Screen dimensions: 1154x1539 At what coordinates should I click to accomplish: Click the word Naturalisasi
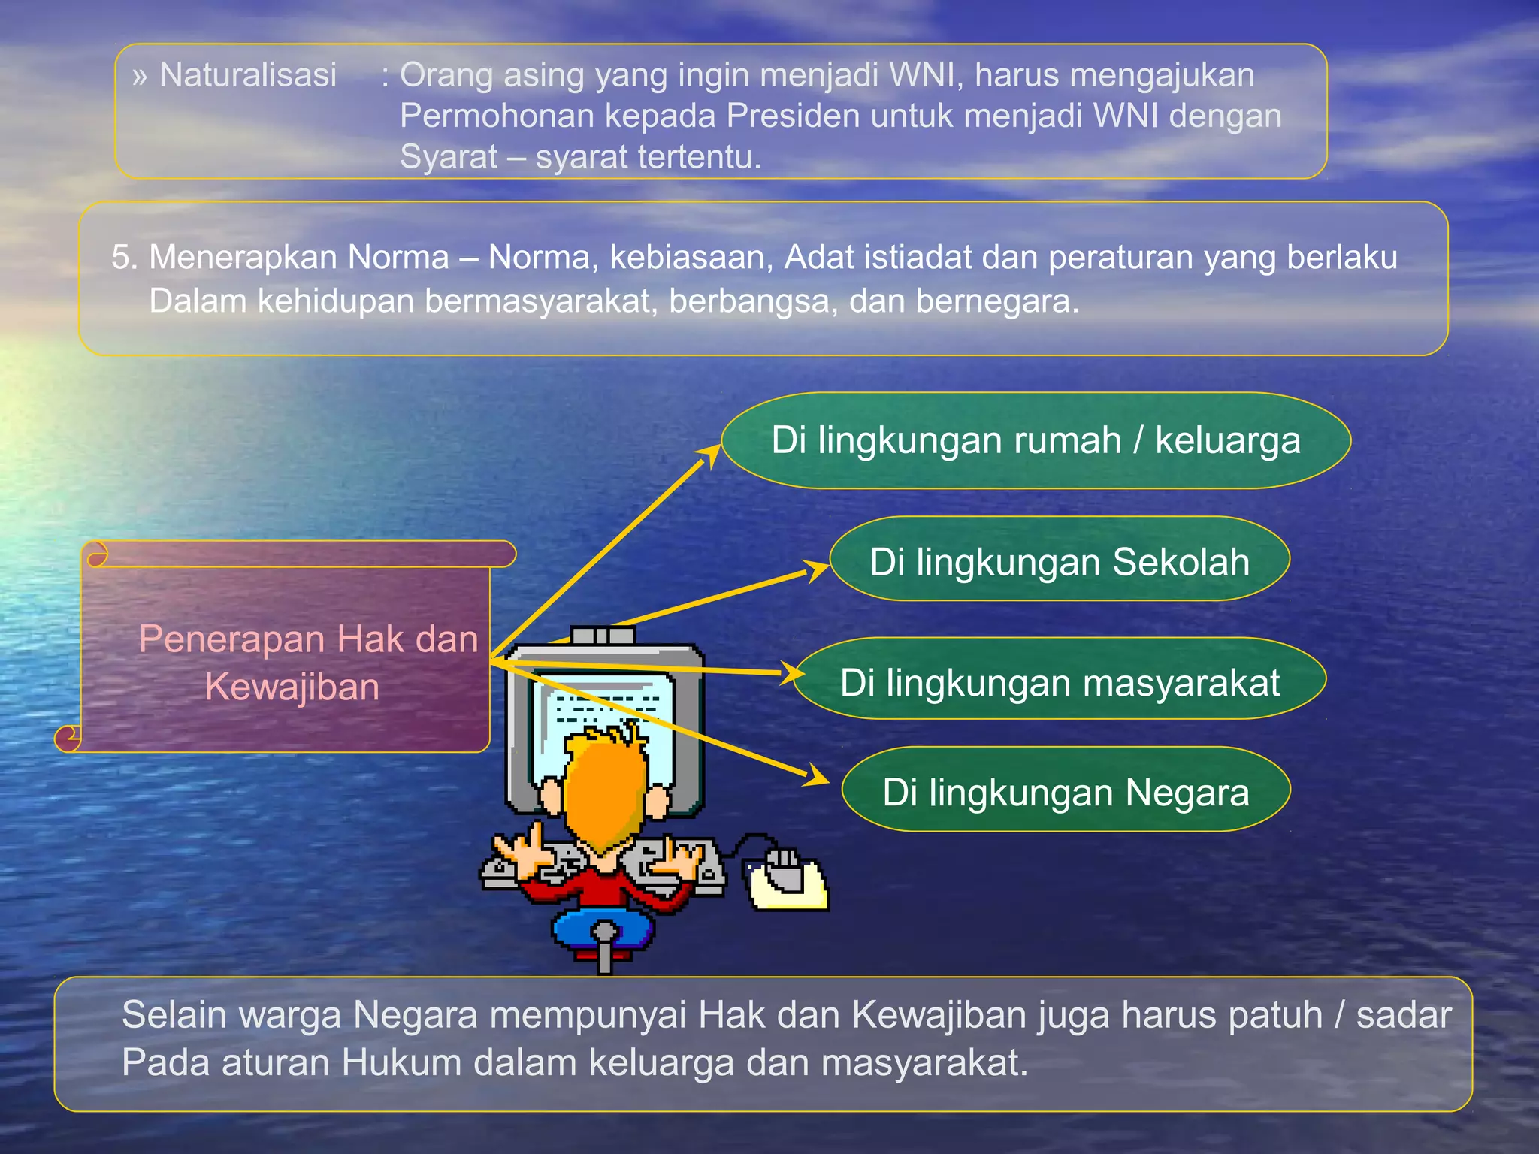247,75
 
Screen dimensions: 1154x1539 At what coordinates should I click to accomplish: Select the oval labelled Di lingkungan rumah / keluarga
1036,440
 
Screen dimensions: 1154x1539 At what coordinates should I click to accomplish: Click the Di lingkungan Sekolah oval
1060,561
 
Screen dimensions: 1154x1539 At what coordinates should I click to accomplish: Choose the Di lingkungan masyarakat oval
1060,682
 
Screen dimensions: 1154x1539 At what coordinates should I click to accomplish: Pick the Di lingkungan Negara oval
1066,792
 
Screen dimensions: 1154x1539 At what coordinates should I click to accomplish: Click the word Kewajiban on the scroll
292,687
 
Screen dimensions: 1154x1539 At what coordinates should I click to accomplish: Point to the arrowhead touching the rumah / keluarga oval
709,453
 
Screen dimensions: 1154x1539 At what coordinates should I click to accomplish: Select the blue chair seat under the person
603,930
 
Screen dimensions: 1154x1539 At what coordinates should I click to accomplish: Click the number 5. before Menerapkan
125,258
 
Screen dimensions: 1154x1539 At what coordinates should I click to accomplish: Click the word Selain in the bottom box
174,1015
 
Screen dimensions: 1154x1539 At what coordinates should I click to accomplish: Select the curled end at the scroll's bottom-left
68,738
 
